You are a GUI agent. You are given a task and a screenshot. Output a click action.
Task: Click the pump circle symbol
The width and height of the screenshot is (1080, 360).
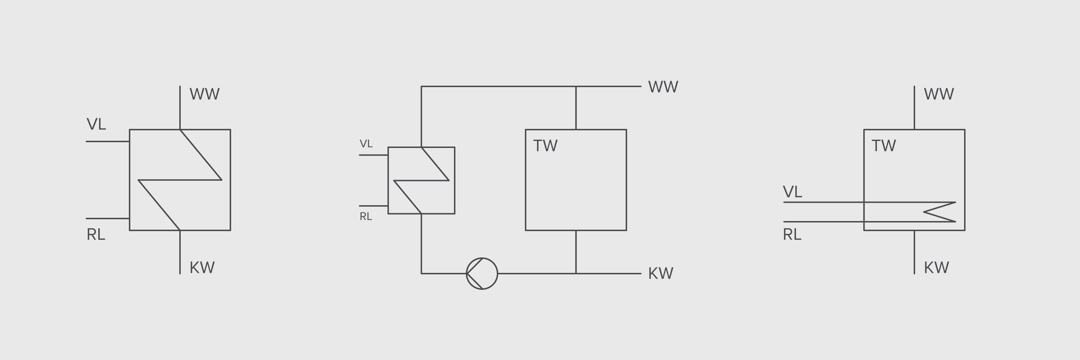point(482,273)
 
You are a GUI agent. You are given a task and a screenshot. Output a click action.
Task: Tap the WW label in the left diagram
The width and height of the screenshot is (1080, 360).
point(204,94)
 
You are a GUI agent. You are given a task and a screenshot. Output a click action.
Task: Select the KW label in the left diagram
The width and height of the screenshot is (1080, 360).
point(202,268)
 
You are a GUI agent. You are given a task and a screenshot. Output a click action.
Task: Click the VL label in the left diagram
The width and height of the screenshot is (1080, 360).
point(96,125)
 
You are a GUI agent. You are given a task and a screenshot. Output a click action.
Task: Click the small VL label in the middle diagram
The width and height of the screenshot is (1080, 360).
point(366,144)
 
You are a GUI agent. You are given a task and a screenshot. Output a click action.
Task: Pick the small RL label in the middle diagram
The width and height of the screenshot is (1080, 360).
point(366,217)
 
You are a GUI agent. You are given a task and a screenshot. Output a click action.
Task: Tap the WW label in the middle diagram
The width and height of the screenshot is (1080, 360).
point(663,87)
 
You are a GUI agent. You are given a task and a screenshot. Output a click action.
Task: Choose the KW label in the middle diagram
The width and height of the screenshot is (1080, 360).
point(660,274)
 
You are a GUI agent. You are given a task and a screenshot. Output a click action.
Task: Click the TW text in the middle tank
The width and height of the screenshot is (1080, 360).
point(545,146)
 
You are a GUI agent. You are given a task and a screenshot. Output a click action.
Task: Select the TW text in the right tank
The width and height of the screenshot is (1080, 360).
point(883,146)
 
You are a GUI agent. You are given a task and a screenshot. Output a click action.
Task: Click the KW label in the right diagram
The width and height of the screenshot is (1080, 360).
point(936,268)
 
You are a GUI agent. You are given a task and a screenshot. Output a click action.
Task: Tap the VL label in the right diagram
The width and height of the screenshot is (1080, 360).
point(792,192)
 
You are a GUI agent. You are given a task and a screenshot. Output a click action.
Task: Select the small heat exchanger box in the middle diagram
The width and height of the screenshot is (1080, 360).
point(421,180)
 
